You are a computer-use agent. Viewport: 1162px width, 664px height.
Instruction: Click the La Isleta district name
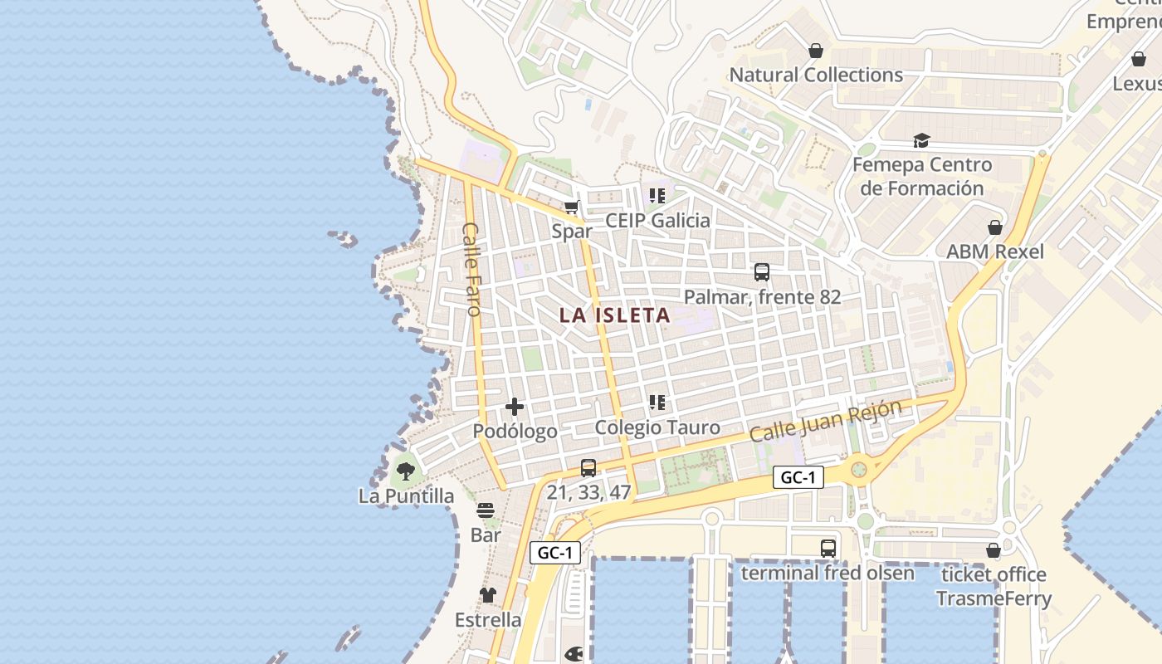[614, 315]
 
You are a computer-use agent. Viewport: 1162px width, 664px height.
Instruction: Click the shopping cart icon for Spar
[571, 207]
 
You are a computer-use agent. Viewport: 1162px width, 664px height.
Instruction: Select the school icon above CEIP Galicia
[657, 196]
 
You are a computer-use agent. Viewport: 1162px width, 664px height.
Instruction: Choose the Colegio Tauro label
[657, 427]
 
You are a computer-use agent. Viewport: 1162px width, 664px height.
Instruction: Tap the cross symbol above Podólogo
[515, 407]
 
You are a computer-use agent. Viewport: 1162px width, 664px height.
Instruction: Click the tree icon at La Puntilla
[406, 471]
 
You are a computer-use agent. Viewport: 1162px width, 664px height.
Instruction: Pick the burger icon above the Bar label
[486, 510]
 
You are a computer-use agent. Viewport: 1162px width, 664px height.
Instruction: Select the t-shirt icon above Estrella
[488, 594]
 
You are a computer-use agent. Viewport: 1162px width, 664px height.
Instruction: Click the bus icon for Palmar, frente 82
[762, 271]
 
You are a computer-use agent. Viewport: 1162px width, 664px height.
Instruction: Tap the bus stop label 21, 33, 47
[588, 492]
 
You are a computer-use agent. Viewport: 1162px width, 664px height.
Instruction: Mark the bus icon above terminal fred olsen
[828, 548]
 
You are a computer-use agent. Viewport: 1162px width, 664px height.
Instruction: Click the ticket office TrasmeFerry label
[994, 586]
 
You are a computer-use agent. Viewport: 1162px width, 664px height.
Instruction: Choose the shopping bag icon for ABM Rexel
[994, 227]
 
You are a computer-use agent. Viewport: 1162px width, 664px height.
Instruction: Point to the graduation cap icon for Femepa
[921, 140]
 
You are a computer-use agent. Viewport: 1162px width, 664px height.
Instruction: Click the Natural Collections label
[816, 75]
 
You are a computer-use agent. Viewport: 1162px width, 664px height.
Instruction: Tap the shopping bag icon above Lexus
[1138, 59]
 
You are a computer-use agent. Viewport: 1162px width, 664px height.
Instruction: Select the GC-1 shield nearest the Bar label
[554, 552]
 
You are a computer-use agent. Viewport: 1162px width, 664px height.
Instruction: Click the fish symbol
[574, 655]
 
